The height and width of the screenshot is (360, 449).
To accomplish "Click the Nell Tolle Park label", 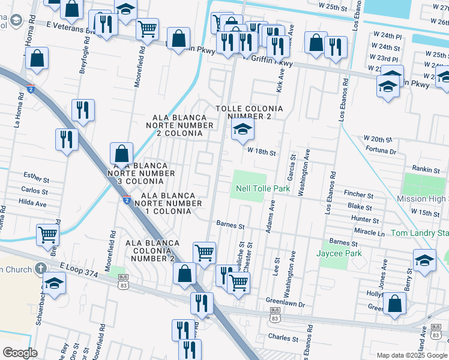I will click(262, 189).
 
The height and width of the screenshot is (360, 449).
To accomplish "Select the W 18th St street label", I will click(262, 153).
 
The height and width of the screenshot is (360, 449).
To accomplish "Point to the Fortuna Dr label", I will click(380, 152).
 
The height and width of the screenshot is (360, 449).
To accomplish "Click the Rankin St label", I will click(426, 170).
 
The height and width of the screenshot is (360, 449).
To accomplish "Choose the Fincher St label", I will click(358, 195).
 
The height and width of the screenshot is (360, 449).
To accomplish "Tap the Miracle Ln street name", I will click(369, 232).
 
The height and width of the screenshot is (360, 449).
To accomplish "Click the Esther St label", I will click(36, 178).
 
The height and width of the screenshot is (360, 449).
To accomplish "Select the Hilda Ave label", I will click(34, 203).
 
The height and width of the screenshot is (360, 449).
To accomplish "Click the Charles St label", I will click(280, 338).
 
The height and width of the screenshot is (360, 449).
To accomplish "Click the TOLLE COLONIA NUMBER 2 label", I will click(250, 112).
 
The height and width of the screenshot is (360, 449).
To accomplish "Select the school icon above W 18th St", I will click(243, 129).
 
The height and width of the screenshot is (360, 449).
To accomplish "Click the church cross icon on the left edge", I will click(40, 268).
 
